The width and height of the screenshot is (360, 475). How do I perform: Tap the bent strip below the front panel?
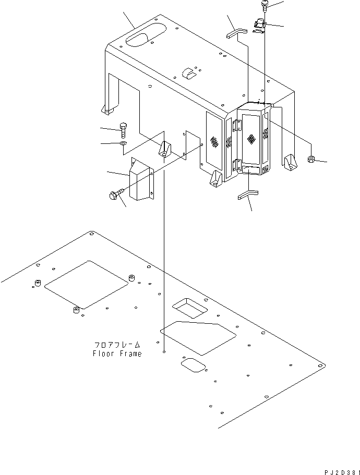[249, 194]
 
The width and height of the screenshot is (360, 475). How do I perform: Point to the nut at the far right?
[311, 160]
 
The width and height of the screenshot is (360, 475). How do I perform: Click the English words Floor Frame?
[117, 354]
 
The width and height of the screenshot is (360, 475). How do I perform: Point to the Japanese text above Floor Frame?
[117, 345]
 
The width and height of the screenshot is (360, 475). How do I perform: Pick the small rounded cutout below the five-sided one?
[193, 364]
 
